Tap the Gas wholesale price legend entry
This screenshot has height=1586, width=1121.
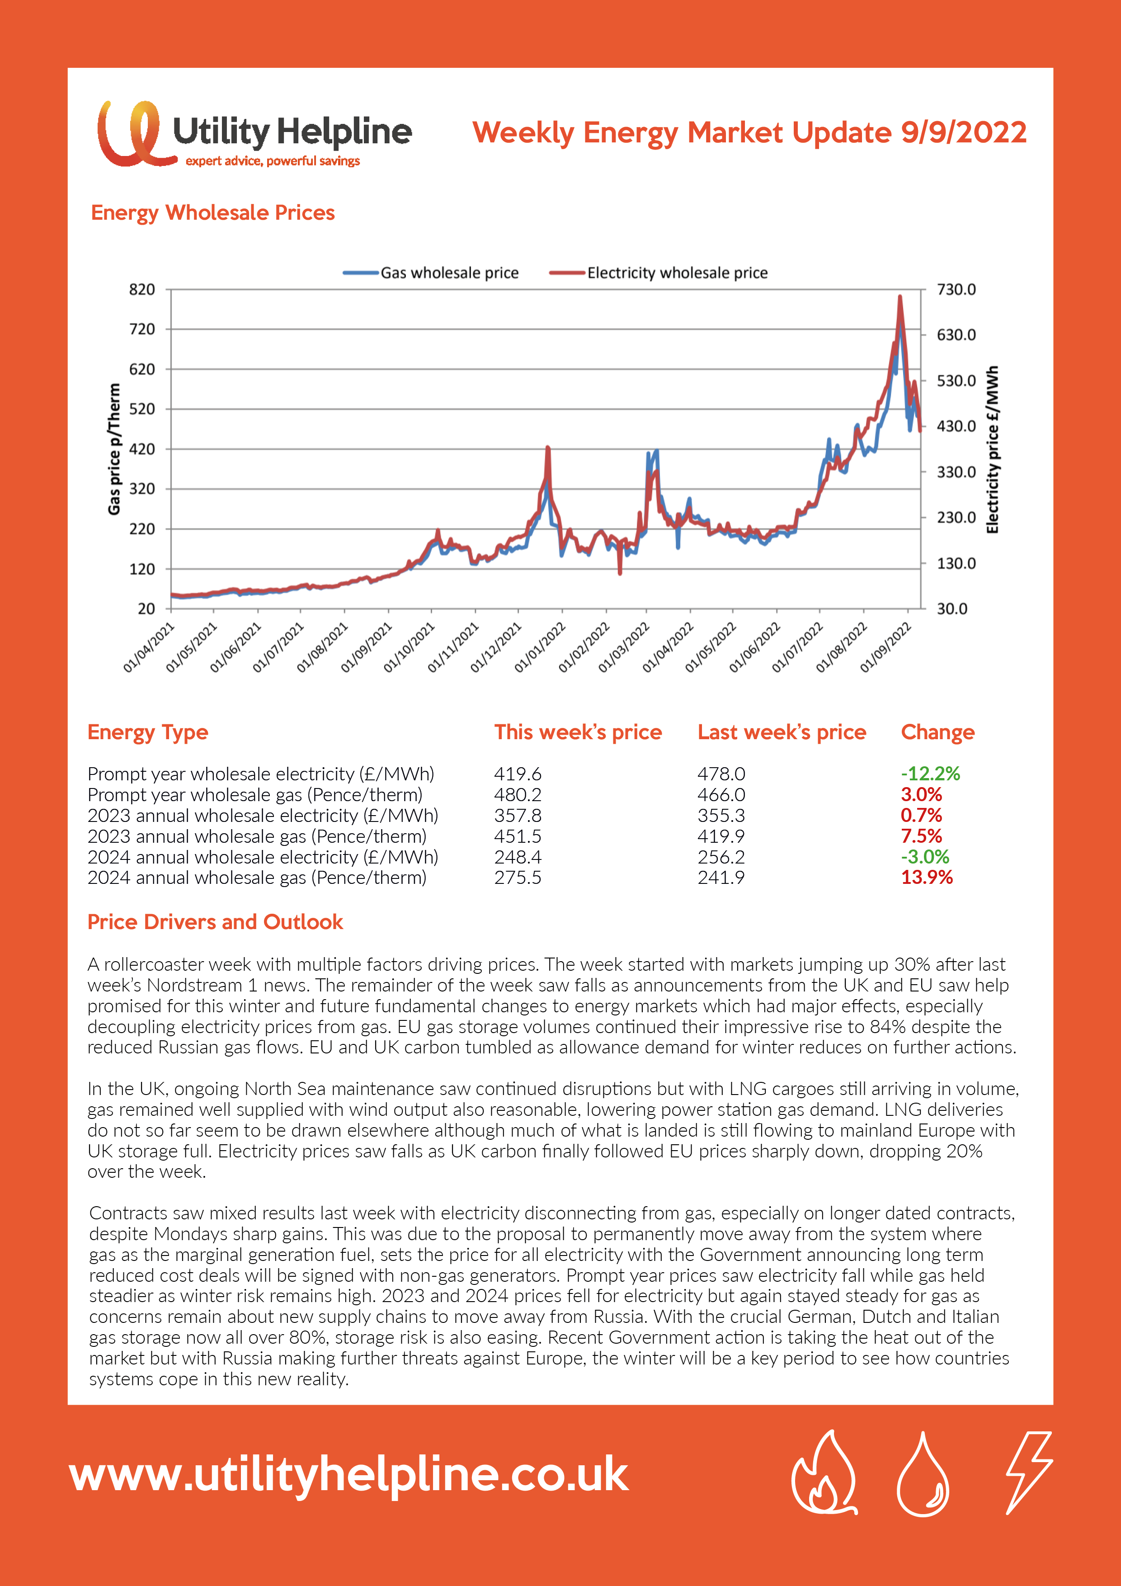click(x=431, y=273)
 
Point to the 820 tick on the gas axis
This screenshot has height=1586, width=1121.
click(x=142, y=289)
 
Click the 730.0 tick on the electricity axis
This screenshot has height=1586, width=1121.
click(x=956, y=289)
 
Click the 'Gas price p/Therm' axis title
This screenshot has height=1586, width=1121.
click(x=114, y=449)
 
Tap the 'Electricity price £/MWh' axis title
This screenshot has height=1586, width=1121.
click(x=993, y=449)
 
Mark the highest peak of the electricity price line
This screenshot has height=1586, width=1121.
click(x=900, y=297)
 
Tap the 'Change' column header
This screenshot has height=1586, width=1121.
click(x=937, y=732)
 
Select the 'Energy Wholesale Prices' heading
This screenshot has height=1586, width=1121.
click(x=213, y=213)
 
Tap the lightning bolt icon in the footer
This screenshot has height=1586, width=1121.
click(x=1028, y=1473)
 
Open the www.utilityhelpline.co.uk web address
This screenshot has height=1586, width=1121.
click(x=349, y=1476)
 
